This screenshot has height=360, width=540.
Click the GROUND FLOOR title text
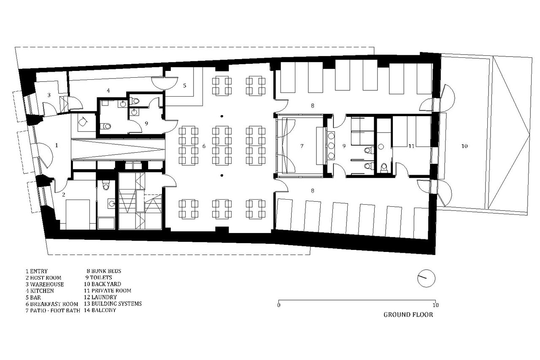click(x=408, y=315)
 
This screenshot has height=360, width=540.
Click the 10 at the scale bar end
click(x=435, y=305)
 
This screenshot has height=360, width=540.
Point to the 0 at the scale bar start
click(x=279, y=305)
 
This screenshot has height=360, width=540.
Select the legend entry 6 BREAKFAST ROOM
click(x=52, y=304)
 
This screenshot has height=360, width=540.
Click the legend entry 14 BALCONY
click(x=100, y=310)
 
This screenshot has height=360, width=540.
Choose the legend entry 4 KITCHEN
click(x=40, y=291)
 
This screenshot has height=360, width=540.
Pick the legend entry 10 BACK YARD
click(x=103, y=284)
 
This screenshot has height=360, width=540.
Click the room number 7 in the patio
click(x=302, y=146)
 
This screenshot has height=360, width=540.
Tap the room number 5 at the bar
click(x=185, y=85)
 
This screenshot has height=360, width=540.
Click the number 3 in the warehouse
click(x=49, y=95)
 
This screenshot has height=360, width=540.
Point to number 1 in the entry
click(x=57, y=145)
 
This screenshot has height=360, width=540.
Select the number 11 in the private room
click(x=411, y=146)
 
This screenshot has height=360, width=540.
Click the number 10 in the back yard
click(x=464, y=146)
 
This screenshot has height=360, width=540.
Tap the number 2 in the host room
click(x=63, y=195)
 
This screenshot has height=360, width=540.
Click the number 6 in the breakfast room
click(x=204, y=146)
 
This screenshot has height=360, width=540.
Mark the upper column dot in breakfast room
click(x=222, y=116)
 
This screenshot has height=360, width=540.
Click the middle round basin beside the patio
click(x=331, y=146)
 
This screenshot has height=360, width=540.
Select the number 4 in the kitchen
click(x=108, y=90)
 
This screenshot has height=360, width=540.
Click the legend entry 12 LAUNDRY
click(x=100, y=297)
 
